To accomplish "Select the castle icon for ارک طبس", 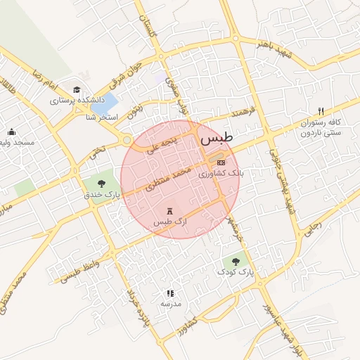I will click(x=169, y=211).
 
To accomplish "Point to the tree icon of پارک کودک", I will click(x=235, y=261).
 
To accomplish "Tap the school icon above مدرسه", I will click(x=170, y=293).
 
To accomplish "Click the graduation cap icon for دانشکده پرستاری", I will click(x=76, y=90).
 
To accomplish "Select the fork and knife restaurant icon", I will click(x=321, y=111).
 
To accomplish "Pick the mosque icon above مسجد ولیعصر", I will click(x=11, y=131).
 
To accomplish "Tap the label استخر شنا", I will click(x=101, y=117).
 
